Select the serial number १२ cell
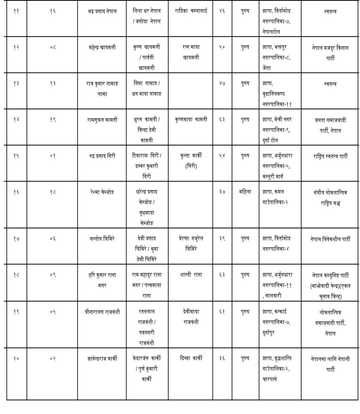[17, 47]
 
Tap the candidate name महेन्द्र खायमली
[101, 47]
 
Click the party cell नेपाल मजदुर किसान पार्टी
[330, 53]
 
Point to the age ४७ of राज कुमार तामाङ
[222, 84]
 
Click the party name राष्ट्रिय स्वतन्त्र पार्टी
[330, 156]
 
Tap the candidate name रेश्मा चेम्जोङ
[101, 192]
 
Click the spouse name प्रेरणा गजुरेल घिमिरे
[191, 244]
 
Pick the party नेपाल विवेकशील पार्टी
[330, 239]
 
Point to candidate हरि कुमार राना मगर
[101, 280]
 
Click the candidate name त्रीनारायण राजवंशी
[101, 311]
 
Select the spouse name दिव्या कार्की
[191, 358]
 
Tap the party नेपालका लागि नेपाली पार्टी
[330, 363]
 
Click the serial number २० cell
[17, 358]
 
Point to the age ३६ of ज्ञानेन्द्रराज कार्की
[222, 358]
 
